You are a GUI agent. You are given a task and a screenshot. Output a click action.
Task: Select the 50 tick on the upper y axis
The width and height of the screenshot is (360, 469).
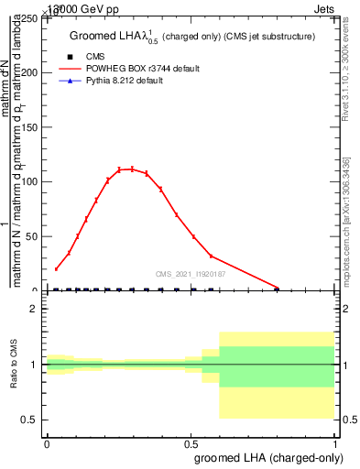pyautogui.click(x=31, y=236)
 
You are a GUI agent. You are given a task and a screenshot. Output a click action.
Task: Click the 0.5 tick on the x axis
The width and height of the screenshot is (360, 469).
pyautogui.click(x=191, y=442)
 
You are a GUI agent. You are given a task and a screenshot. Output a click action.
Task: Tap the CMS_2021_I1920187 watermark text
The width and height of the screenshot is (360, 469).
pyautogui.click(x=191, y=273)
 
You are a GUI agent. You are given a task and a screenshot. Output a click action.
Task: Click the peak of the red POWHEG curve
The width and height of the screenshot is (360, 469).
pyautogui.click(x=132, y=169)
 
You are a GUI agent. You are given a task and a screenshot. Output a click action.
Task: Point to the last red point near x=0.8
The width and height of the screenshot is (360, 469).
pyautogui.click(x=278, y=288)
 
